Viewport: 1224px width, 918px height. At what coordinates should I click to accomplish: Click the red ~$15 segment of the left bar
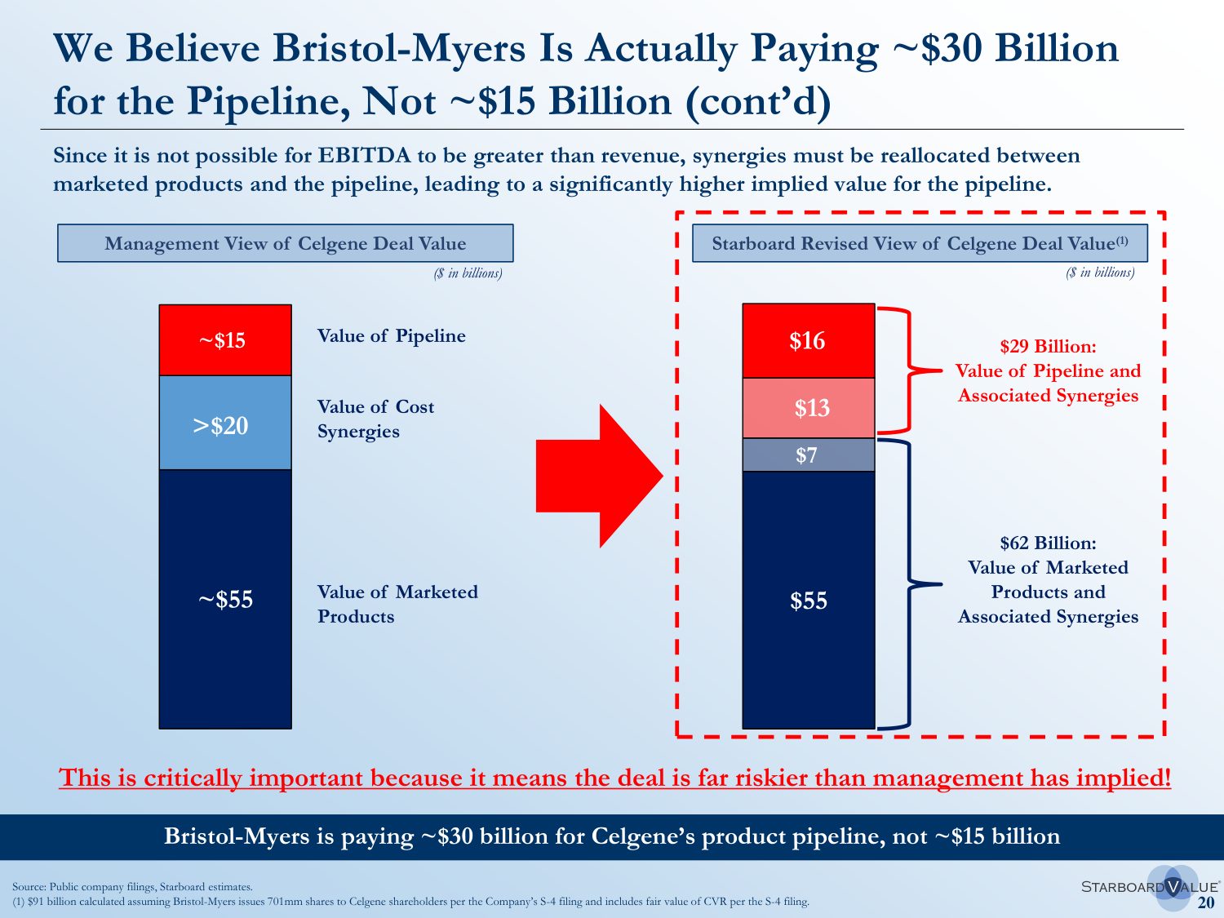point(225,340)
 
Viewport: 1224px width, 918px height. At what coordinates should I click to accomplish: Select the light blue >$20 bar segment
point(225,423)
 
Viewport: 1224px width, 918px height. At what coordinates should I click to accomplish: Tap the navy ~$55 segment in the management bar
point(225,600)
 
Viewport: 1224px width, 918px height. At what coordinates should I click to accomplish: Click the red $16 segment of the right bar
point(808,340)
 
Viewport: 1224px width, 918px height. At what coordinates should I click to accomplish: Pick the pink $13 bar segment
point(808,408)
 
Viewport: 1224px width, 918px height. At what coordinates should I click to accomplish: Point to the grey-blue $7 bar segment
point(808,455)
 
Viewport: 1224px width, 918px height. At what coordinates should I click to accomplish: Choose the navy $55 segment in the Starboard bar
point(808,601)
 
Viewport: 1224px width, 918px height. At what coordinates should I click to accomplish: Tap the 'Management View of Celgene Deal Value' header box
point(285,243)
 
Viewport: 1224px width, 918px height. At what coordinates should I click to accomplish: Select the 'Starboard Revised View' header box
point(920,243)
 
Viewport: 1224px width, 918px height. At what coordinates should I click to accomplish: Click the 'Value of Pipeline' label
point(391,336)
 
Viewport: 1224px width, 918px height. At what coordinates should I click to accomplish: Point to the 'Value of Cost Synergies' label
point(375,419)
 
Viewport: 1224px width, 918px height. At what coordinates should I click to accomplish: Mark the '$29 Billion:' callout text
point(1048,347)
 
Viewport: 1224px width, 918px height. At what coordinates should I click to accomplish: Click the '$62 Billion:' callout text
point(1048,543)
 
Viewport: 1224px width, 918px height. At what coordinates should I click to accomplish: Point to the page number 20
point(1205,902)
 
